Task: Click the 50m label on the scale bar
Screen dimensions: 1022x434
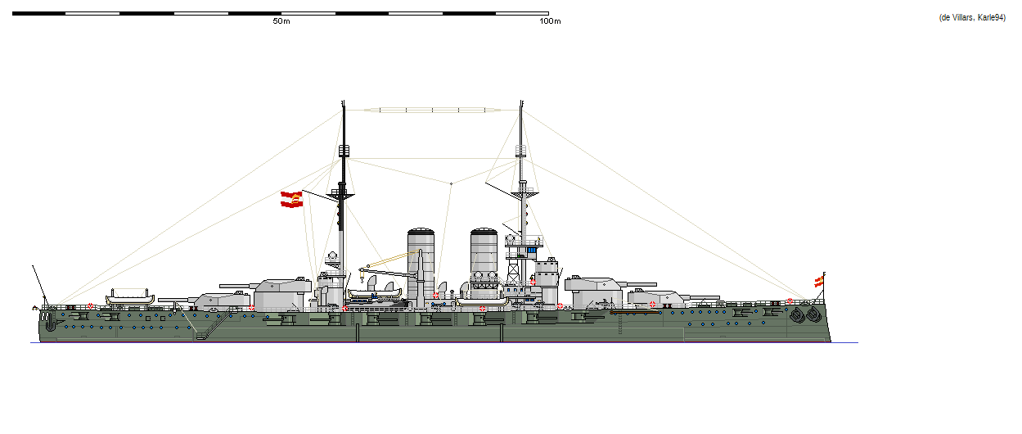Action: (281, 21)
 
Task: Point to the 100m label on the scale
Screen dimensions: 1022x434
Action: (550, 21)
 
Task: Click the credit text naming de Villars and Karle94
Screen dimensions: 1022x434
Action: (971, 18)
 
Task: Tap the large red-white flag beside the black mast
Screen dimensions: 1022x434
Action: (292, 199)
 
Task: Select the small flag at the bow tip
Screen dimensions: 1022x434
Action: (818, 282)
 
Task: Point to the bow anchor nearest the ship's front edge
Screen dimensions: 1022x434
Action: (813, 313)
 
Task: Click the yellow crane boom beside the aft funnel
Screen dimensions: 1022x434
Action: (389, 260)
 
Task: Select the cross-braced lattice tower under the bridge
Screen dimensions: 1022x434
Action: (515, 266)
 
